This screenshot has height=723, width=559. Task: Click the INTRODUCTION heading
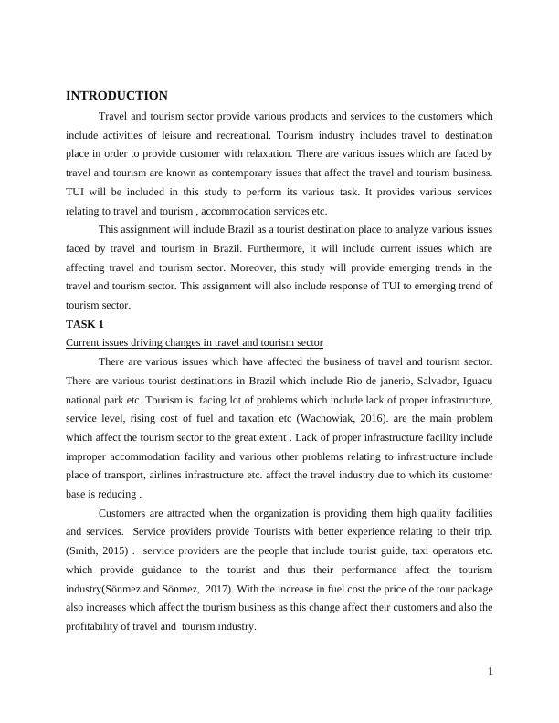tap(117, 96)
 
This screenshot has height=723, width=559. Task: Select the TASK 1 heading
tap(85, 324)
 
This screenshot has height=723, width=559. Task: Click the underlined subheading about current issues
tap(195, 343)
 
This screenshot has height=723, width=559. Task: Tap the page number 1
tap(490, 672)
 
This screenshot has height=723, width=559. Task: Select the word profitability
tap(98, 626)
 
